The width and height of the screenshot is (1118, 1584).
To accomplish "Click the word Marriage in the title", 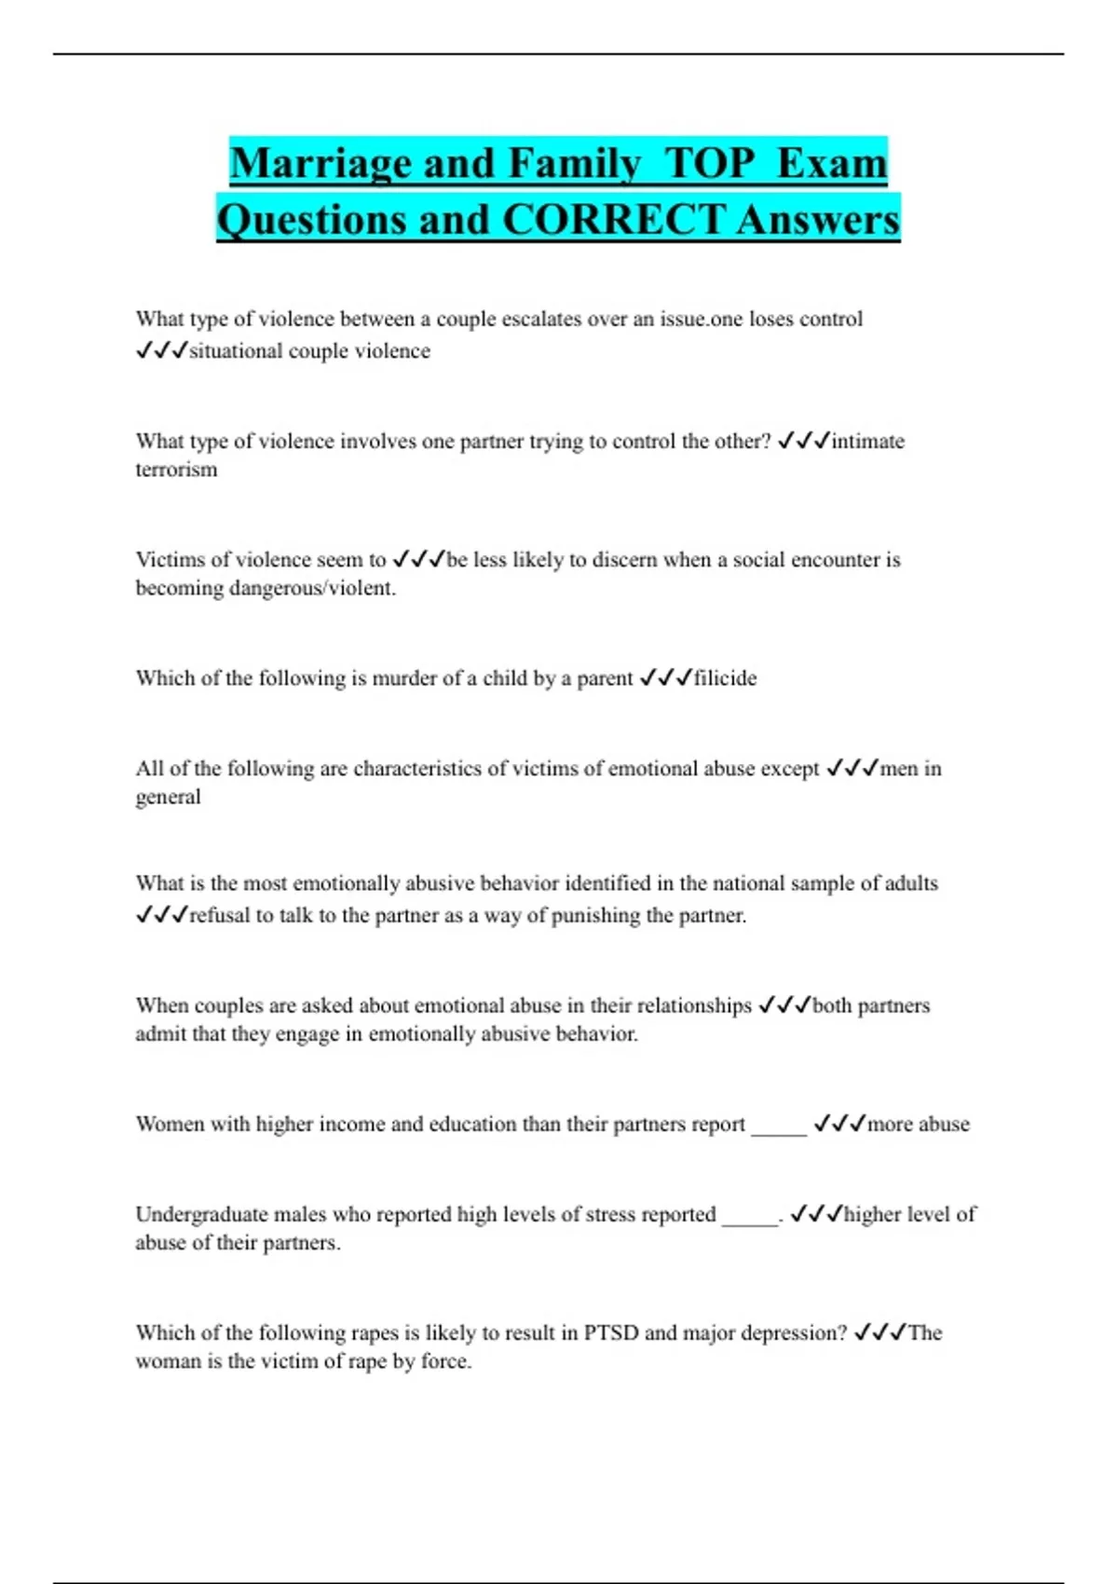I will click(x=320, y=164).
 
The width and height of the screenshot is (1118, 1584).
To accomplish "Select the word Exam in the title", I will click(x=831, y=164).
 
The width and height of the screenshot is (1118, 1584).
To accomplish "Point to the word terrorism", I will click(x=176, y=470).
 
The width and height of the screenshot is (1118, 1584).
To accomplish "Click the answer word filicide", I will click(x=725, y=678).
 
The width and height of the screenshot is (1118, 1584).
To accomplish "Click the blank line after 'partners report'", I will click(x=779, y=1125).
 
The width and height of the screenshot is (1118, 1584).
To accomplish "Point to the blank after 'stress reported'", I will click(x=750, y=1215).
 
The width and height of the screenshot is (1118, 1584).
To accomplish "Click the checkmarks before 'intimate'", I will click(x=802, y=441).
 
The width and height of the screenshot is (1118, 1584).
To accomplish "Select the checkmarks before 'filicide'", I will click(x=665, y=678).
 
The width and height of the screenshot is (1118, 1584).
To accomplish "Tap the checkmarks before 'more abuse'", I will click(x=839, y=1124).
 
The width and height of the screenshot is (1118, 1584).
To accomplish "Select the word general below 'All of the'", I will click(x=168, y=798).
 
